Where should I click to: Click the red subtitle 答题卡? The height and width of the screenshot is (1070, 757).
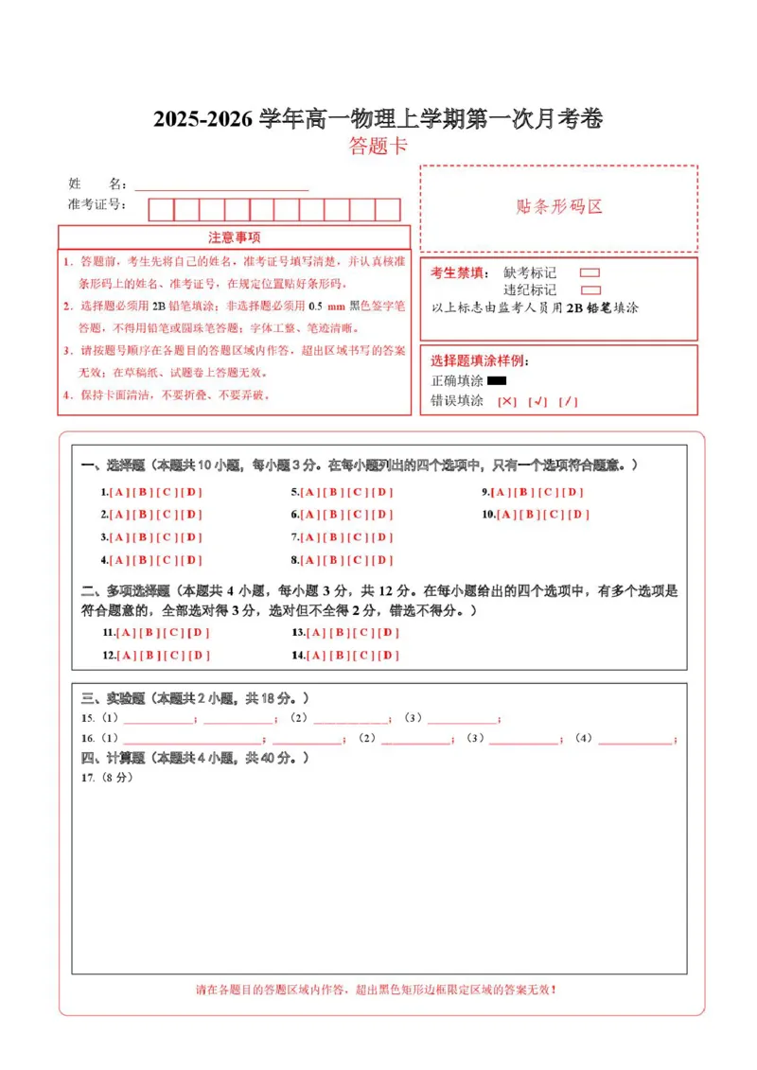pos(378,146)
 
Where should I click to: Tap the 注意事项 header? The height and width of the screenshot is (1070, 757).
pos(234,237)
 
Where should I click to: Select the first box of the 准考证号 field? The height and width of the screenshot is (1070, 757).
pos(161,209)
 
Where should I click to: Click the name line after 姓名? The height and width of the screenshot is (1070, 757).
pos(221,186)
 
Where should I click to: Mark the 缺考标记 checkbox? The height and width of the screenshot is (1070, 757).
pos(590,272)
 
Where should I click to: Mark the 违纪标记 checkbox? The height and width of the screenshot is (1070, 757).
pos(590,290)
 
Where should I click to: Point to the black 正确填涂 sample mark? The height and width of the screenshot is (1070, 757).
pos(497,380)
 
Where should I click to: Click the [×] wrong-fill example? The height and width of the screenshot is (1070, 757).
pos(507,401)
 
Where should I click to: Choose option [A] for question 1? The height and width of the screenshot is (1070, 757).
pos(119,492)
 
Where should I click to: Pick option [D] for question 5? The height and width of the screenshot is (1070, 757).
pos(382,492)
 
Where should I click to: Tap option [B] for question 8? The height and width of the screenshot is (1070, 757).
pos(332,560)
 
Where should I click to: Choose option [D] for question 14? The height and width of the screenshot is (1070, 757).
pos(389,655)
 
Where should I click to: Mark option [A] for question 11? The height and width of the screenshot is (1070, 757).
pos(127,632)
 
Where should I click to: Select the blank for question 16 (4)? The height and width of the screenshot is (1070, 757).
pos(636,741)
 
